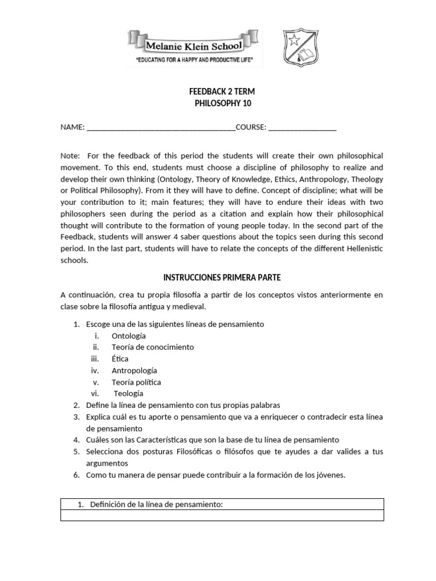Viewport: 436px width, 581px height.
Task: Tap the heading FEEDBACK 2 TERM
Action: tap(217, 91)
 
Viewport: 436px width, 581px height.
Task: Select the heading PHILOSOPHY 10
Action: tap(217, 103)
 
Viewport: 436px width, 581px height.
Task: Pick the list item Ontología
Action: tap(128, 335)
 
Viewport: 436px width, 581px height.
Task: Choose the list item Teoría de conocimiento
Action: tap(152, 347)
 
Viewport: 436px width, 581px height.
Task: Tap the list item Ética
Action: tap(120, 359)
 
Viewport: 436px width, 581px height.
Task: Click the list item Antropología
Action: tap(133, 371)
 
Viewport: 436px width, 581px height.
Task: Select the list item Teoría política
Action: tap(136, 382)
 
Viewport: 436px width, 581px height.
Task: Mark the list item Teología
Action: tap(128, 393)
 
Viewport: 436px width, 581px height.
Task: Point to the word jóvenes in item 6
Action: tap(328, 475)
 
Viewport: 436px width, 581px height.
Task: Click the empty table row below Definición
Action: tap(222, 515)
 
